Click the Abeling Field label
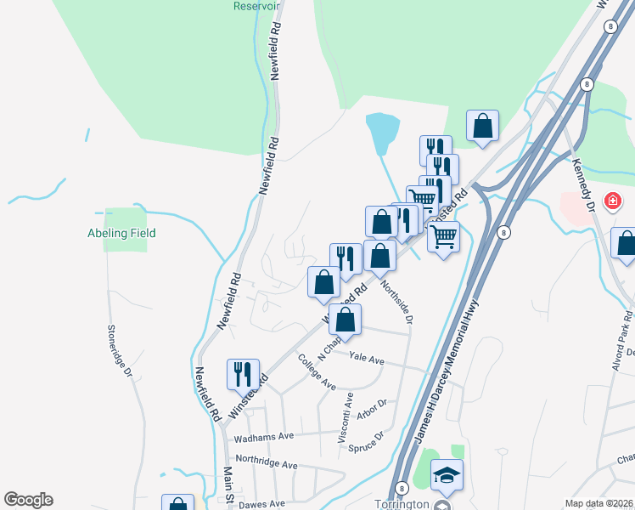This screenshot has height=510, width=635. (x=121, y=233)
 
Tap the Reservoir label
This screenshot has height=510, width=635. (x=256, y=5)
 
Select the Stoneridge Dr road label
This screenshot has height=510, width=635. (x=120, y=349)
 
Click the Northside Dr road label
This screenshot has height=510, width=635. (x=397, y=302)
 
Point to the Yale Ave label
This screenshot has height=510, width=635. (x=367, y=360)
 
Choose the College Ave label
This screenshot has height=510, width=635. (x=317, y=371)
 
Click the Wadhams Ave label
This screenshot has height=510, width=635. (x=264, y=436)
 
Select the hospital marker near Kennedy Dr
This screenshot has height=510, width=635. (x=610, y=201)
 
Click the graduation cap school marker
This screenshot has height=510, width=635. (x=447, y=474)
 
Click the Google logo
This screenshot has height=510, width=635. (x=28, y=500)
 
